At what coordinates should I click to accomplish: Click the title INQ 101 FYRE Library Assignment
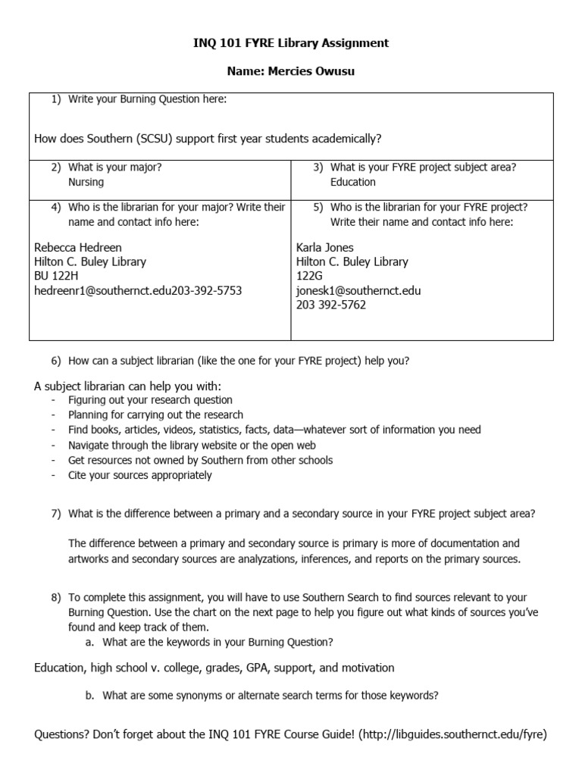click(291, 43)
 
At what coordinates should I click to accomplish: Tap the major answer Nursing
click(86, 182)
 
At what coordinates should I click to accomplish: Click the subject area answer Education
click(352, 182)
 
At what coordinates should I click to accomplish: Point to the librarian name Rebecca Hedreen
click(78, 247)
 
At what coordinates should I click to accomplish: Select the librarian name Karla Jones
click(324, 247)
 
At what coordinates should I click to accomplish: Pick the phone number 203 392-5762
click(330, 305)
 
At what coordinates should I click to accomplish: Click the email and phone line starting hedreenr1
click(138, 290)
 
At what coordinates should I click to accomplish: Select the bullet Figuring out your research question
click(150, 400)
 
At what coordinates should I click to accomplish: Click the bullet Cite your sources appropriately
click(139, 475)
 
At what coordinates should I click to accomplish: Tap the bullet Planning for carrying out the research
click(155, 415)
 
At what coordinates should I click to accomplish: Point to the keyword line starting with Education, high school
click(214, 668)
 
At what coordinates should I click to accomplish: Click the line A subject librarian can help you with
click(127, 386)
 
